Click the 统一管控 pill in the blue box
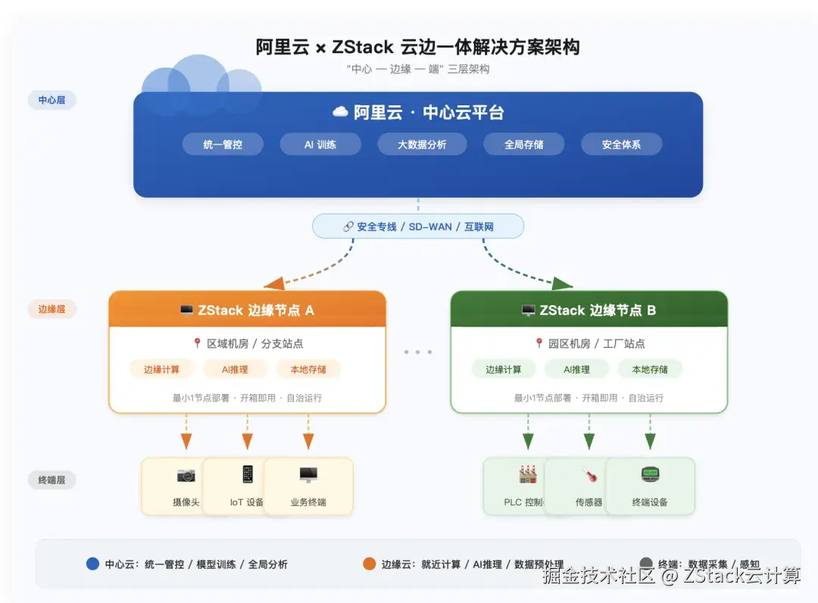click(x=223, y=144)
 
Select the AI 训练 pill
click(x=320, y=144)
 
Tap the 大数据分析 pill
click(x=422, y=144)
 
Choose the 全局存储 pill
click(x=524, y=144)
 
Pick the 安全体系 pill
click(x=621, y=144)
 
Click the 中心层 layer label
click(x=52, y=99)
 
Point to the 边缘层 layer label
click(x=52, y=309)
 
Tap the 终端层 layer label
click(x=52, y=480)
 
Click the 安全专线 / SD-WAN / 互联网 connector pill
click(x=418, y=227)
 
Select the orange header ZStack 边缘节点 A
click(x=247, y=310)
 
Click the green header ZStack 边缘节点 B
click(x=589, y=310)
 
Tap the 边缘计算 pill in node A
click(x=161, y=369)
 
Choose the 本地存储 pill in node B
click(x=649, y=369)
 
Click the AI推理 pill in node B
click(x=576, y=369)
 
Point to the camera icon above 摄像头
click(x=186, y=476)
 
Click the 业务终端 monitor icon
click(x=308, y=475)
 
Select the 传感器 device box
click(x=589, y=486)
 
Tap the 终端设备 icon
click(x=650, y=475)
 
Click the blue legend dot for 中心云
click(x=93, y=564)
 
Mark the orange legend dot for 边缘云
click(x=370, y=564)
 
